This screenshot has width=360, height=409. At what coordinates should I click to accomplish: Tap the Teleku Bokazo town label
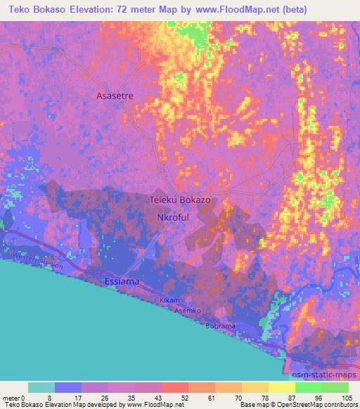click(181, 200)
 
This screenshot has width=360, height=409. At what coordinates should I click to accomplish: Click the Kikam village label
click(170, 300)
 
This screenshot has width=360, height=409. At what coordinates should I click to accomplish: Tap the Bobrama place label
click(219, 327)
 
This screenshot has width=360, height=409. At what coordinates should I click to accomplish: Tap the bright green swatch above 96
click(309, 387)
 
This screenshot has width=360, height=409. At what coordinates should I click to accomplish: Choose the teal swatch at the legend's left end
click(41, 387)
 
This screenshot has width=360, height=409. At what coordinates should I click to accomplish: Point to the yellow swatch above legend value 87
click(282, 387)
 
